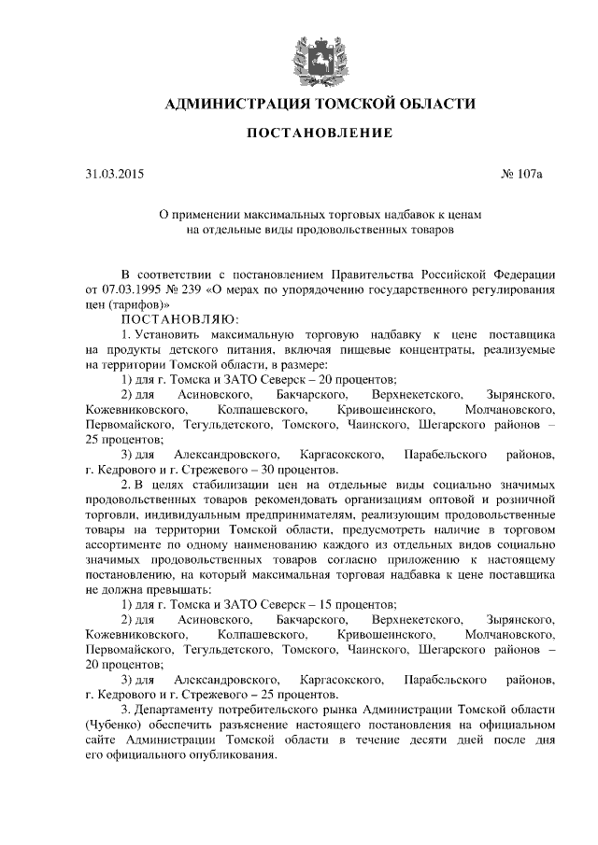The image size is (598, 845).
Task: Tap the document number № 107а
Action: pos(494,174)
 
